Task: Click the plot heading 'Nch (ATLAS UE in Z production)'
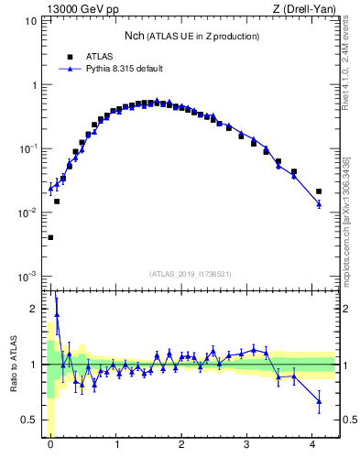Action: click(191, 36)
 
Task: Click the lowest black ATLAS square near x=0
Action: click(50, 237)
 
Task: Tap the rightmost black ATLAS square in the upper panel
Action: click(319, 191)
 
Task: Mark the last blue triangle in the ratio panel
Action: click(319, 400)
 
